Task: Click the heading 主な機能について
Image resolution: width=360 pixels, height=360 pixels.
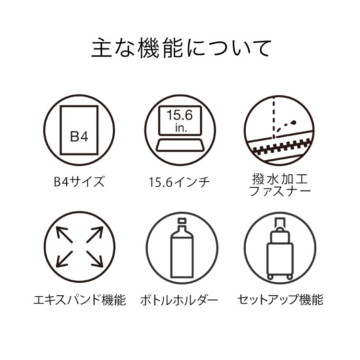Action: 181,48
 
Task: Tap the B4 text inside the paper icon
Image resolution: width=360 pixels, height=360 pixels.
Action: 79,136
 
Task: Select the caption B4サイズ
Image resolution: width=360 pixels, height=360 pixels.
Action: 79,181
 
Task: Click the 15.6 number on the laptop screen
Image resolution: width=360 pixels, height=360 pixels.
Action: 180,115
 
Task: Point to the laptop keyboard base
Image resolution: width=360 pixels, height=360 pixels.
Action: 180,145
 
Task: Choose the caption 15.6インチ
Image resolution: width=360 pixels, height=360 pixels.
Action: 180,182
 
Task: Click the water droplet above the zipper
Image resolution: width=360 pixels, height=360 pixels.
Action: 293,122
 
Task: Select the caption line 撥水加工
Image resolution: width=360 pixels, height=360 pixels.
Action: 279,179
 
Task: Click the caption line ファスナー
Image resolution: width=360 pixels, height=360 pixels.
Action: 280,191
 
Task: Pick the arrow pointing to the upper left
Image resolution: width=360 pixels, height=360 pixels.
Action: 64,235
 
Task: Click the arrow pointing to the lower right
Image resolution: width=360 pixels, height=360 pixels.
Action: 95,259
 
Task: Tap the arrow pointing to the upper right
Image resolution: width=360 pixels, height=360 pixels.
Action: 95,235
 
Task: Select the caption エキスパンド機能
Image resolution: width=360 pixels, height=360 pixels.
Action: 80,300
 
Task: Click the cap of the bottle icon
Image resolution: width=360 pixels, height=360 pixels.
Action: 182,221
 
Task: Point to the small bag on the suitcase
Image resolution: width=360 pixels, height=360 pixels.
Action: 280,235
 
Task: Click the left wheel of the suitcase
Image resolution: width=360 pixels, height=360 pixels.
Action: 270,277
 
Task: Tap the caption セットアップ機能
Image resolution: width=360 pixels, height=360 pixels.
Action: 280,300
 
